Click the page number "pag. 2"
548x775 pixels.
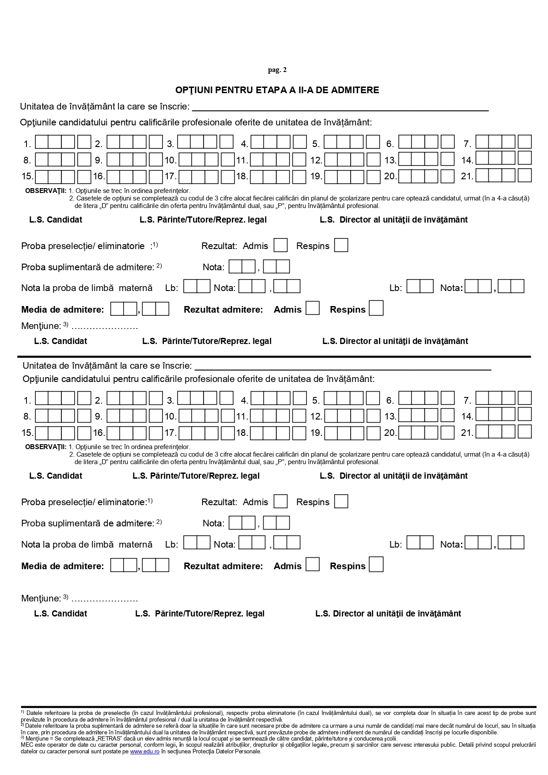[x=277, y=70]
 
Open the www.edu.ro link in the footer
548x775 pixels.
[x=144, y=752]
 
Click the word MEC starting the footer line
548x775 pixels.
[x=27, y=745]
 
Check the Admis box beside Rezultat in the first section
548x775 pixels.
[x=280, y=246]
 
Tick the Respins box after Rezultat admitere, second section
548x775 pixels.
[x=376, y=565]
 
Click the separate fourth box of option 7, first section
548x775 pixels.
[x=525, y=142]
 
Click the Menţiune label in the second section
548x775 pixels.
[x=41, y=599]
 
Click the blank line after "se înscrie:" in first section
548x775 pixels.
[x=340, y=107]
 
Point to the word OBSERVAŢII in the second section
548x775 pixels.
[x=45, y=447]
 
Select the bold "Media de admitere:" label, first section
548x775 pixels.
[x=63, y=310]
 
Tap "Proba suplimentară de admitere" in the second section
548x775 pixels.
[x=87, y=523]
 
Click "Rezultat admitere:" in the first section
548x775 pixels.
[x=223, y=310]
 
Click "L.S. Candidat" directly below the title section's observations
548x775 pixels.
[x=56, y=220]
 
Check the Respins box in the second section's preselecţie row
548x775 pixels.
[x=341, y=502]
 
